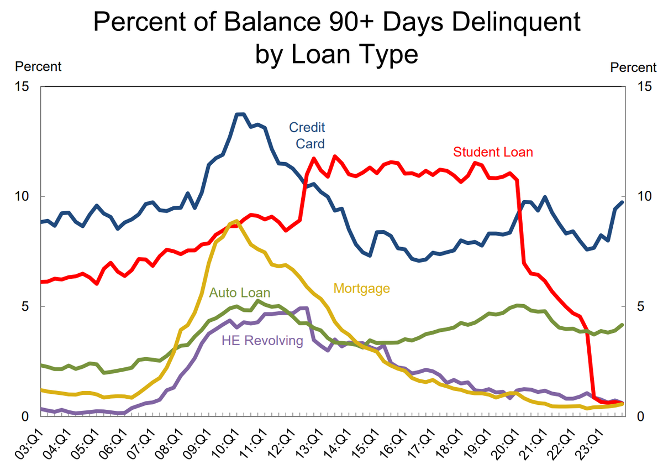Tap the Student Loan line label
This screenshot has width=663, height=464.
pos(493,152)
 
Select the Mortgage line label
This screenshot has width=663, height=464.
pos(362,288)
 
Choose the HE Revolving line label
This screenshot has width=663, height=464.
pos(262,341)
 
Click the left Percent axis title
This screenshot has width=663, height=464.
pos(38,67)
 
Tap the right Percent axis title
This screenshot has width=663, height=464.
pos(633,67)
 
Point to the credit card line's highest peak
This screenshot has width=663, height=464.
pos(240,114)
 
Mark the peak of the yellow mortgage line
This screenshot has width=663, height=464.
pos(236,221)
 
